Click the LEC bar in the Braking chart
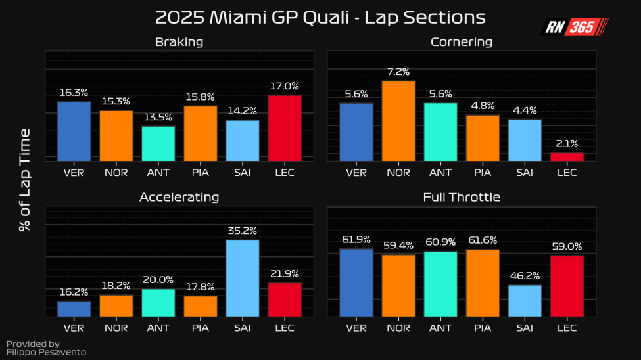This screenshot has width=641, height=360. (285, 128)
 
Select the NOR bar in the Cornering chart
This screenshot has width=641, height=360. (398, 121)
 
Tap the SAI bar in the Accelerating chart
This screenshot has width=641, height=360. (243, 279)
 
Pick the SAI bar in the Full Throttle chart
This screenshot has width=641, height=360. (525, 301)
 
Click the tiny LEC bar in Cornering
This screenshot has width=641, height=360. (567, 156)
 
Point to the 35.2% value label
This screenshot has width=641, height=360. (243, 231)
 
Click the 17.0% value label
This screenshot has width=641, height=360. (285, 86)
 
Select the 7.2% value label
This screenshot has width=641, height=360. (398, 72)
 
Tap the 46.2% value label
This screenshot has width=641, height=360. (525, 276)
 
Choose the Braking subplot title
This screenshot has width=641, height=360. (179, 42)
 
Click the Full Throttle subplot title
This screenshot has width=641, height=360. (462, 197)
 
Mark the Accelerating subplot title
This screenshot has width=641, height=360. (179, 197)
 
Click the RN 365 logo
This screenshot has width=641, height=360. (574, 27)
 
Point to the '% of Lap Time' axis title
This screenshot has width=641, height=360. (25, 180)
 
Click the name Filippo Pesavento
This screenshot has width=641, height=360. (46, 352)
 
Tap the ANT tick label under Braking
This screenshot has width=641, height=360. (158, 172)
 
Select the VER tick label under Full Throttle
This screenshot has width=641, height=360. (356, 327)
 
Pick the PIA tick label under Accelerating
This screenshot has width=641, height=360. (201, 327)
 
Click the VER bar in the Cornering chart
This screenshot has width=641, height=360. (356, 132)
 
